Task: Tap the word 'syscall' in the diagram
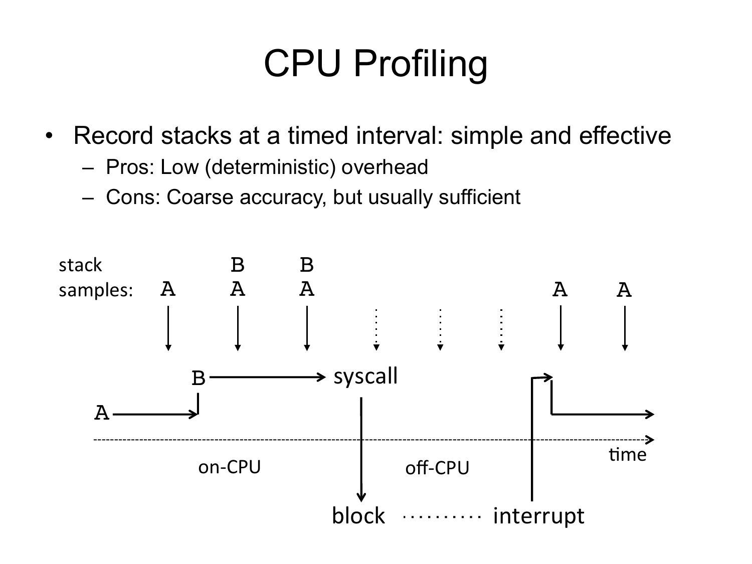[365, 377]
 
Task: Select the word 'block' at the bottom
[358, 516]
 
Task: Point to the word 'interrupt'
[538, 516]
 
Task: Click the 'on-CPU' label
[230, 467]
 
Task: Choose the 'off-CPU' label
[437, 467]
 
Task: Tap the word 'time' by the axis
[628, 455]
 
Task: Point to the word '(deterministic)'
[270, 168]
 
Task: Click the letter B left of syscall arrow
[199, 378]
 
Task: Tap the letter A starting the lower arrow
[102, 413]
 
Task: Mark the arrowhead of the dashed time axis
[650, 440]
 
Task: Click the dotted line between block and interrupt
[442, 516]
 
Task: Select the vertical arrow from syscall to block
[361, 449]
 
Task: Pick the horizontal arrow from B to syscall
[268, 378]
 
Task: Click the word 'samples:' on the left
[96, 290]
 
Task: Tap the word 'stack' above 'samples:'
[80, 265]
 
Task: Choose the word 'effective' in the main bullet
[625, 135]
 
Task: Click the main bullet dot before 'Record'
[49, 135]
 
